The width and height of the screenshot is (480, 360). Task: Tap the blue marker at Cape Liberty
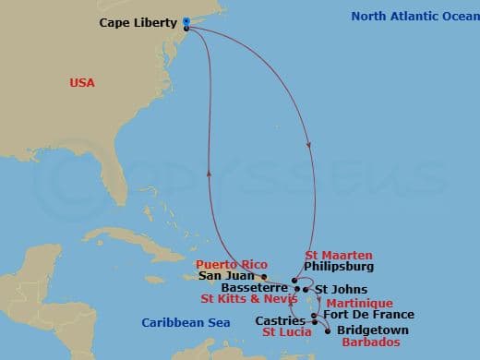click(186, 21)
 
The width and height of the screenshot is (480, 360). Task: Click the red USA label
click(82, 83)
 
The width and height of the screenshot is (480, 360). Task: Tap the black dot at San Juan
click(265, 276)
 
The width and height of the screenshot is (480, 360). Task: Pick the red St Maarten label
click(338, 254)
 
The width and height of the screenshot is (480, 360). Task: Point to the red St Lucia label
click(285, 332)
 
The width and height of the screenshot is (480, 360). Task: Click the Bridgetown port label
click(371, 330)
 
